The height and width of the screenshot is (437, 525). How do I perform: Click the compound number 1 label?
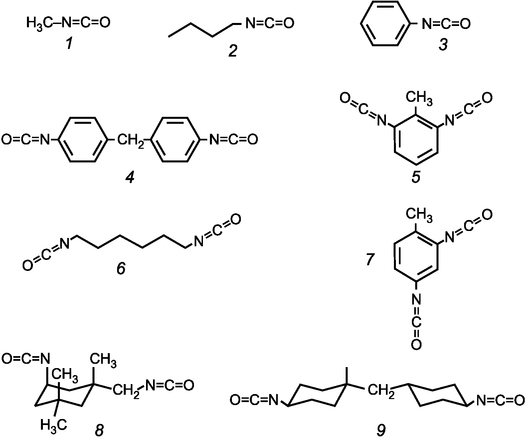69,43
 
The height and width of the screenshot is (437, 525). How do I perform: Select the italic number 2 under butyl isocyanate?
233,51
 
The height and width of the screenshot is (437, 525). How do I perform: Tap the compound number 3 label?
443,44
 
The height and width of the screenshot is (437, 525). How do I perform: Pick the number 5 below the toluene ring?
416,177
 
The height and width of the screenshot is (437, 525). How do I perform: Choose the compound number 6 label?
121,268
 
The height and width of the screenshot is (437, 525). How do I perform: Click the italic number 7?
370,259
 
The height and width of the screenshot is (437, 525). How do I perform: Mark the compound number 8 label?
99,430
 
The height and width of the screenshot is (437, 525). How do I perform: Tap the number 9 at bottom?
381,430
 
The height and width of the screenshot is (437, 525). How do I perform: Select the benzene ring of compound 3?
384,24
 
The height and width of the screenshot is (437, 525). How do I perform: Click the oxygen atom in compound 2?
288,23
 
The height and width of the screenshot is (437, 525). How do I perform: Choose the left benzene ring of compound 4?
83,139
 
